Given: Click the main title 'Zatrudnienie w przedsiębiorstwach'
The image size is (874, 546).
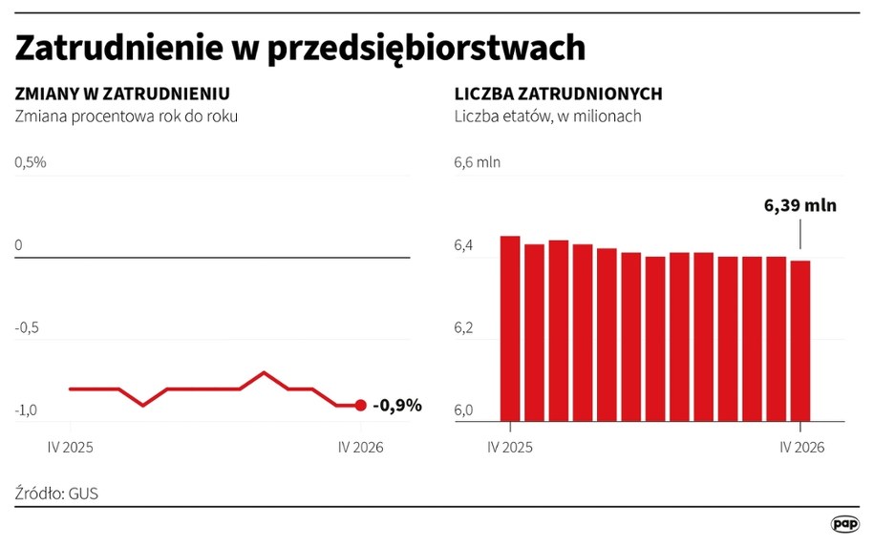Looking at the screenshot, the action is coord(300,49).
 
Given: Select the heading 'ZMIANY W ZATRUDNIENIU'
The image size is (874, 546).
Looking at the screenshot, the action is coord(122,94).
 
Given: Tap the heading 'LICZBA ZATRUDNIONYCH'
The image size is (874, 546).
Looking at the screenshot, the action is coord(559,94).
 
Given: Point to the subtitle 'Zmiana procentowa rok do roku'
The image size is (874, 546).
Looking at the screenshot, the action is coord(126,115).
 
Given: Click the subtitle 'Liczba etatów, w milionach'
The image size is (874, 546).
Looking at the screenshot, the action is coord(548,115).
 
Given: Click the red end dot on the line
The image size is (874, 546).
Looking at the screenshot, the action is coord(361,405).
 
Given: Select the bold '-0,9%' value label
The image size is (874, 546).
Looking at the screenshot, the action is coord(397,405).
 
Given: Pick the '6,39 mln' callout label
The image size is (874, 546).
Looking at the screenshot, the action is coord(800,205).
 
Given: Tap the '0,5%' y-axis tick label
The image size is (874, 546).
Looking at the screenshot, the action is coord(31,162).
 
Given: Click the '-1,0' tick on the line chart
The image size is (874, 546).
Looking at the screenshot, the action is coord(26,410).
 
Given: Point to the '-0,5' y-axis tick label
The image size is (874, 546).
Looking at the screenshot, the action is coord(27,327).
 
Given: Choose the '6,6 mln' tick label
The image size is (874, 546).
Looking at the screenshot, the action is coord(478,162).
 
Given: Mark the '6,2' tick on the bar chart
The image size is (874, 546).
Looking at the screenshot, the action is coord(463,327).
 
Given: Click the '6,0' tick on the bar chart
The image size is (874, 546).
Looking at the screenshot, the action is coord(463,410).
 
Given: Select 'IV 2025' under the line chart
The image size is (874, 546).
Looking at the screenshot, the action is coord(71,448).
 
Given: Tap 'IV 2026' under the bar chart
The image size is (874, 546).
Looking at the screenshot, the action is coord(801,448).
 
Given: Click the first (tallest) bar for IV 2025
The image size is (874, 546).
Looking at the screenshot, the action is coord(510,328).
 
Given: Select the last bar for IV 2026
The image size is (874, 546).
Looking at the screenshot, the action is coord(800,341).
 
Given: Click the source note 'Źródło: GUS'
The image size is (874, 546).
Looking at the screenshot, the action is coord(56,493).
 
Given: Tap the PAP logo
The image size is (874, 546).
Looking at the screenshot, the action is coord(845,524).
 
